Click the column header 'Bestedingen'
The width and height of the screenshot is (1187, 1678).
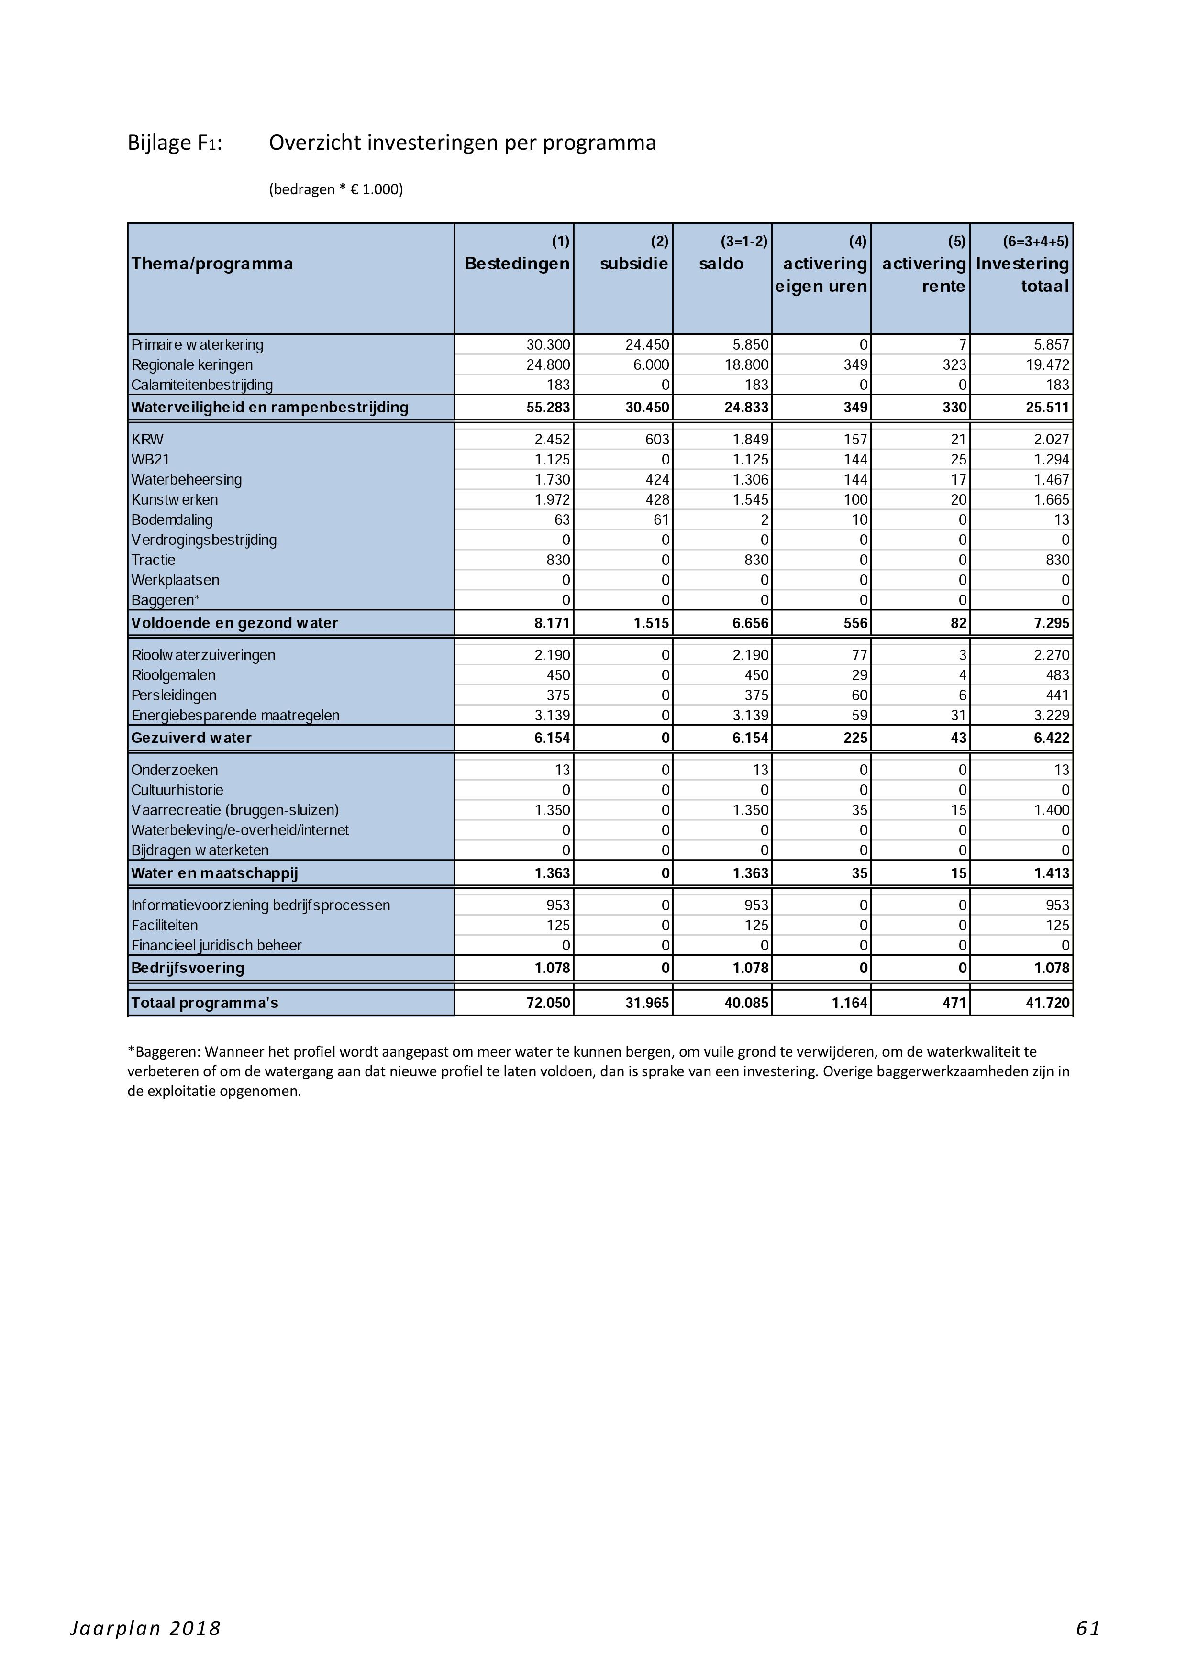pos(517,264)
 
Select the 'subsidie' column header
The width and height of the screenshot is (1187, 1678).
pos(634,264)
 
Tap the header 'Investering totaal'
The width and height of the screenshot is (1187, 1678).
pos(1022,275)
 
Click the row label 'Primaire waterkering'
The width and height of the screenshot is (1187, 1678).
pos(197,345)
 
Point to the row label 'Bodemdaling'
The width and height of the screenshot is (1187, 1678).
pos(172,520)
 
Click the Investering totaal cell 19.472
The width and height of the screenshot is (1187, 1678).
pos(1047,364)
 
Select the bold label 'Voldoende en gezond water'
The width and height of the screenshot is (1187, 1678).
pos(234,623)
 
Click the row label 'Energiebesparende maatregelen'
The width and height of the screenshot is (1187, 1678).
pos(235,716)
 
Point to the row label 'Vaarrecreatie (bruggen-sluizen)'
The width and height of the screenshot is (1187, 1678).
pos(234,810)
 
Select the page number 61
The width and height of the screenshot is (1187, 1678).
pos(1087,1628)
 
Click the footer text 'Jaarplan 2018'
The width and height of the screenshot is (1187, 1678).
pos(145,1628)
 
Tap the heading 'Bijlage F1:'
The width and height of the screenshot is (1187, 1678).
pos(175,143)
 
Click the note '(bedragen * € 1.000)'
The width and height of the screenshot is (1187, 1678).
pos(335,189)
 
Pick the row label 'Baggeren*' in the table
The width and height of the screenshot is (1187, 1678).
pos(165,601)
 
